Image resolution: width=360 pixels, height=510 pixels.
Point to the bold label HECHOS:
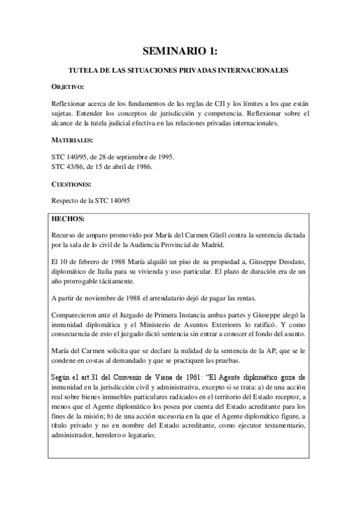(69, 218)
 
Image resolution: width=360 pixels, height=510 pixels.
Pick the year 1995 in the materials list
(162, 156)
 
